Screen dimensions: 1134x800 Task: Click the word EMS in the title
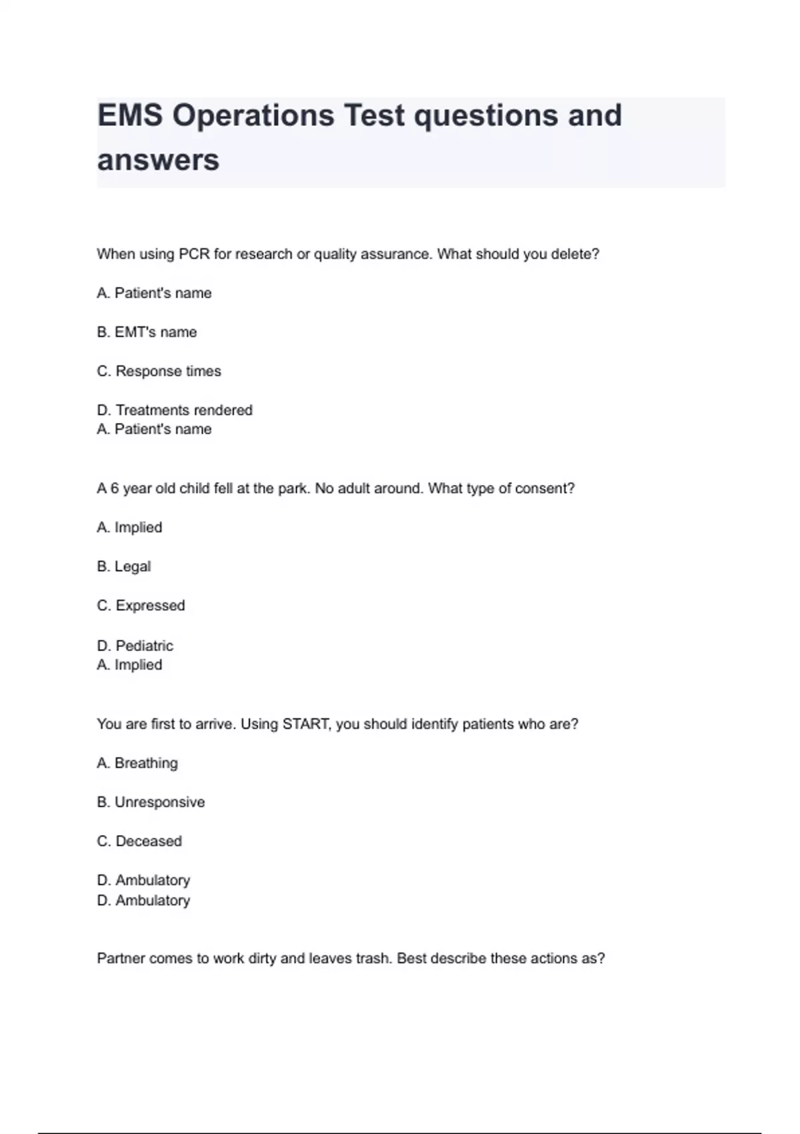[130, 115]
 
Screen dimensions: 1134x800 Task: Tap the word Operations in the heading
[253, 115]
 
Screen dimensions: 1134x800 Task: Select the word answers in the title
[158, 160]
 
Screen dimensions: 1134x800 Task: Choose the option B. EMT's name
[147, 332]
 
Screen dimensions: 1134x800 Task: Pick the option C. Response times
[159, 371]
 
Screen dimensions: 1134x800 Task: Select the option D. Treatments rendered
[175, 410]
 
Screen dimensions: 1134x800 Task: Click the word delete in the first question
[575, 254]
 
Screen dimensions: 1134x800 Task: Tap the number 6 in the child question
[115, 488]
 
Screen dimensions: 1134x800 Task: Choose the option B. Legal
[124, 566]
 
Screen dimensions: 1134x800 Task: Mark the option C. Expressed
[141, 606]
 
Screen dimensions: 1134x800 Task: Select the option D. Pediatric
[135, 646]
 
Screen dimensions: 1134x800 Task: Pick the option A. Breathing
[137, 763]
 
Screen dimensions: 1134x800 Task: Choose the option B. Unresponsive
[151, 802]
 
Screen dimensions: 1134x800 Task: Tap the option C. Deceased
[139, 841]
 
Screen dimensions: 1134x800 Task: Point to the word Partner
[121, 959]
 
